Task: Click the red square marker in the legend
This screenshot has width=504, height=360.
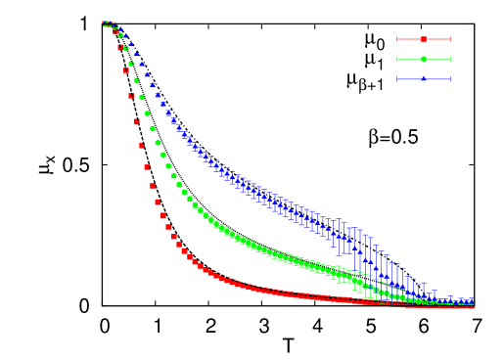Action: coord(424,39)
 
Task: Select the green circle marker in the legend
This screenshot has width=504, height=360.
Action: coord(424,59)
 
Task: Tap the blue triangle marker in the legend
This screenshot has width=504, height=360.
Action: coord(424,78)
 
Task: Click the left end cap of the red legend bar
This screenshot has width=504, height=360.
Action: coord(397,39)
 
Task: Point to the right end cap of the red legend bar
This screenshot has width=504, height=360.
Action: coord(450,39)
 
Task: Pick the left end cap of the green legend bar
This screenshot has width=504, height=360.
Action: coord(397,59)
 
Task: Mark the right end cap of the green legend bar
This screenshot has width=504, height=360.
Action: coord(450,59)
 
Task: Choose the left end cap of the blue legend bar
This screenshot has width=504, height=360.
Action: coord(397,78)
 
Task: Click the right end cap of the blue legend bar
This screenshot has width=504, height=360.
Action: coord(450,78)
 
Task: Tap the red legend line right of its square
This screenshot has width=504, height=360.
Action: coord(437,39)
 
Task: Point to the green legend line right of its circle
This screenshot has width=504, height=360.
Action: coord(437,59)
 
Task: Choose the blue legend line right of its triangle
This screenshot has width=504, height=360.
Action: coord(437,78)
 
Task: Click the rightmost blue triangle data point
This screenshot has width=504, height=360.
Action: coord(471,301)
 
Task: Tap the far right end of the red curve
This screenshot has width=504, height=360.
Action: coord(473,306)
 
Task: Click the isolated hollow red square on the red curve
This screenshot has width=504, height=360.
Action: coord(126,70)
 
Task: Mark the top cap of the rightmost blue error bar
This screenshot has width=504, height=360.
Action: coord(471,297)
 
